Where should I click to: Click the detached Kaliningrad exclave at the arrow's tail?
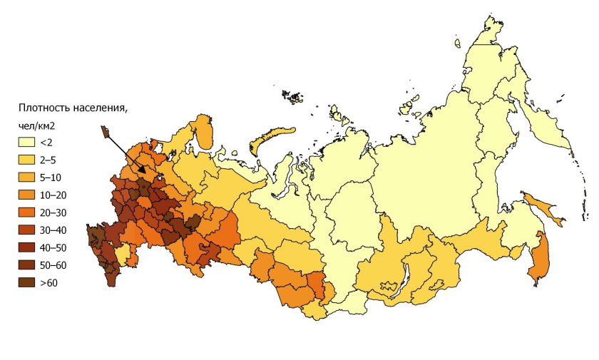click(105, 131)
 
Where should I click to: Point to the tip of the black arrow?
click(145, 173)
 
